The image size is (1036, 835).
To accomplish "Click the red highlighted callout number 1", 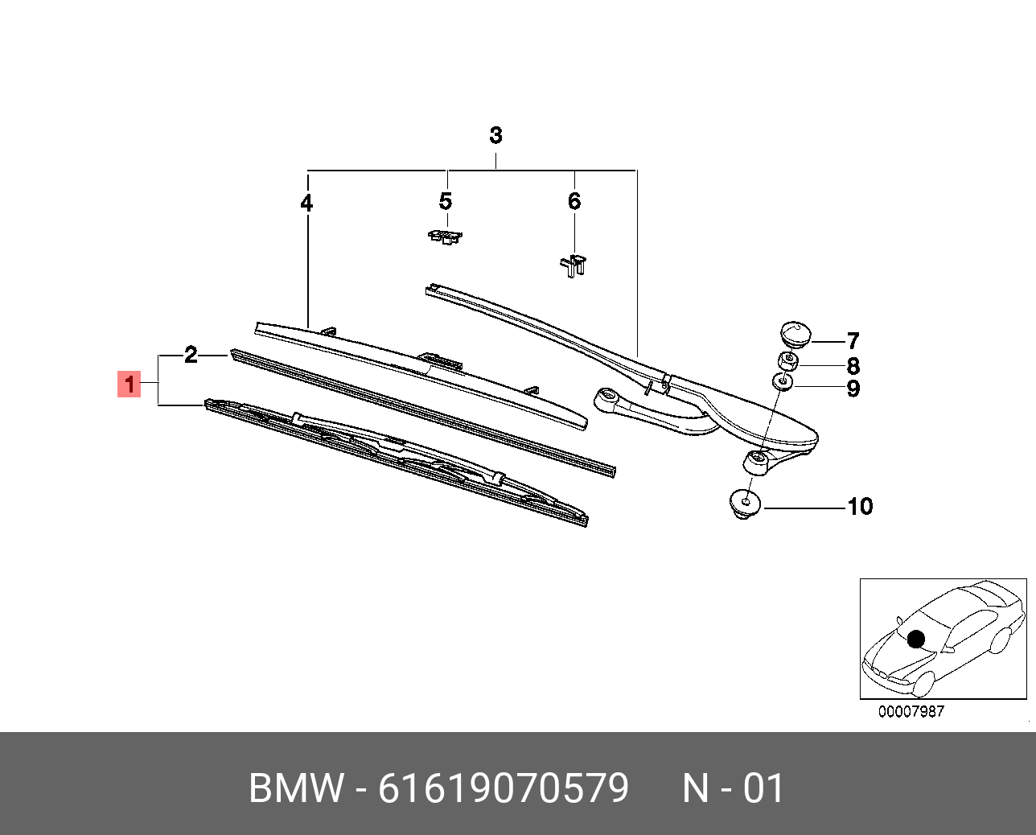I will click(129, 384).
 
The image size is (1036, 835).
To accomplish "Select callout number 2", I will click(191, 355).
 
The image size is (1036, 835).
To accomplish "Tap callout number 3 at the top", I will click(495, 135).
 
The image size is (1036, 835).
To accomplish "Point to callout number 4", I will click(306, 204).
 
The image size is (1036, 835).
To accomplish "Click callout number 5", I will click(446, 201).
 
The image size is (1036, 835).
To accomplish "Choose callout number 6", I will click(573, 201).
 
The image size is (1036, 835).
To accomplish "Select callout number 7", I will click(853, 341).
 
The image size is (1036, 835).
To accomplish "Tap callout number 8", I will click(853, 366).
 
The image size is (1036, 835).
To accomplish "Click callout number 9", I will click(853, 389).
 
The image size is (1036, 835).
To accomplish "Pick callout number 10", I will click(860, 506).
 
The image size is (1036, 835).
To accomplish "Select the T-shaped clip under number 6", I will click(573, 265).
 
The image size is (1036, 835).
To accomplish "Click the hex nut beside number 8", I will click(787, 361).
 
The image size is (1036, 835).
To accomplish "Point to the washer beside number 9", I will click(783, 380).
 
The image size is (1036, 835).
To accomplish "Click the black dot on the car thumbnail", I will click(915, 640).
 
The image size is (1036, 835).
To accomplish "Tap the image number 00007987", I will click(911, 712).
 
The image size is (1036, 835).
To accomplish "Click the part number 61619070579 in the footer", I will click(504, 788).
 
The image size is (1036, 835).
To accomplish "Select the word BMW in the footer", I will click(296, 788).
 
